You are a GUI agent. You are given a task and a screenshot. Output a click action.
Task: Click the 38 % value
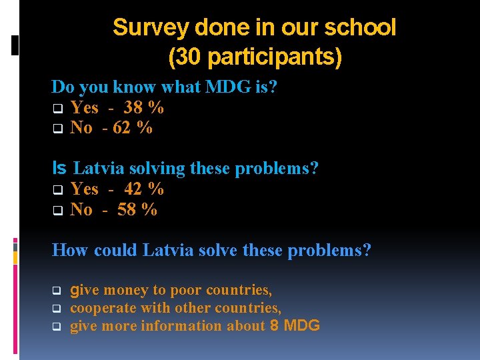[x=144, y=108]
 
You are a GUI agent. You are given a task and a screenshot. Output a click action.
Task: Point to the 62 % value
[x=132, y=128]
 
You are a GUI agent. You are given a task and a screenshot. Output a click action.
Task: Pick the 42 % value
[x=144, y=189]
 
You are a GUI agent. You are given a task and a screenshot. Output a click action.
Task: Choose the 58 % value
[x=137, y=210]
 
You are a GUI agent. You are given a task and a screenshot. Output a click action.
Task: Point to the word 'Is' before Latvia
[x=59, y=169]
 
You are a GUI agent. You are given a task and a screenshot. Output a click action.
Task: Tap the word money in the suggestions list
[x=126, y=291]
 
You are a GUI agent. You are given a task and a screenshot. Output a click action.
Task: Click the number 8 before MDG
[x=275, y=326]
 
